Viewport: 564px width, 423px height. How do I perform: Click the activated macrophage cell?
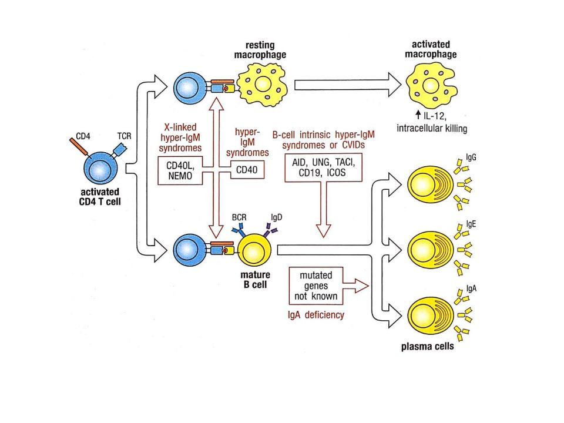pos(431,85)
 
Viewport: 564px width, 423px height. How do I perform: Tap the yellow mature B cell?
pos(254,250)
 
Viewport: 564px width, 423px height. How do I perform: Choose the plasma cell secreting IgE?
pos(431,250)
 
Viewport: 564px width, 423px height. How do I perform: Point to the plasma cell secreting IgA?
pos(431,315)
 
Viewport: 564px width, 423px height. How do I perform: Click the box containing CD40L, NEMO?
pos(180,170)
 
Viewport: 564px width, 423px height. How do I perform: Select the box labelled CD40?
pos(247,170)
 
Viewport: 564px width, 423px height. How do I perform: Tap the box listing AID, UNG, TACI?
pos(323,167)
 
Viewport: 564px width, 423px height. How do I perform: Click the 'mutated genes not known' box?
pos(316,286)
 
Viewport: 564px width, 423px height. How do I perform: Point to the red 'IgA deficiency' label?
pos(316,315)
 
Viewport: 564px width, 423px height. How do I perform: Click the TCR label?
pos(125,136)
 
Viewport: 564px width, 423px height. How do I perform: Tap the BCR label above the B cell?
pos(239,217)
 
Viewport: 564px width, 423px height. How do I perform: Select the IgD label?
pos(277,217)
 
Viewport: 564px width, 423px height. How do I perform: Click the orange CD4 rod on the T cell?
pos(78,147)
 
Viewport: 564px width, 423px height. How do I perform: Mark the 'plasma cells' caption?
pos(427,347)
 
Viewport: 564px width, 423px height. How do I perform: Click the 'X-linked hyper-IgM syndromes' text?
pos(180,137)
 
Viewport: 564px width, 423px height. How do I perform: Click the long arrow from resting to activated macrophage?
pos(347,85)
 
